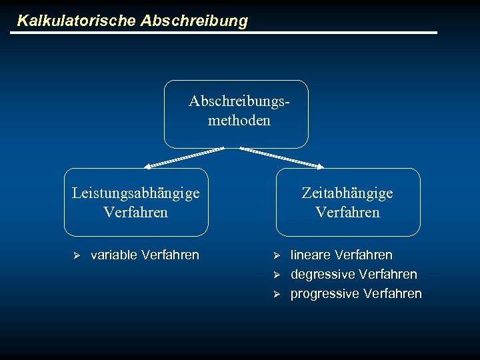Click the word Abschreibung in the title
point(194,21)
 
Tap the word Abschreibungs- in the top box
point(239,101)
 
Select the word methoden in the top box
point(239,121)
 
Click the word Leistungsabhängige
point(135,193)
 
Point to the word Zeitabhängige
point(347,193)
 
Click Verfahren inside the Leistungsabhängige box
point(135,213)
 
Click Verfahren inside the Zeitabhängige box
point(347,213)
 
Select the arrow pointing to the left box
point(185,157)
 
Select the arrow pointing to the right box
point(281,157)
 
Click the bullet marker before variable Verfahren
point(76,255)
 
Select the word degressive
point(323,275)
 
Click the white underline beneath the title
point(227,33)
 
